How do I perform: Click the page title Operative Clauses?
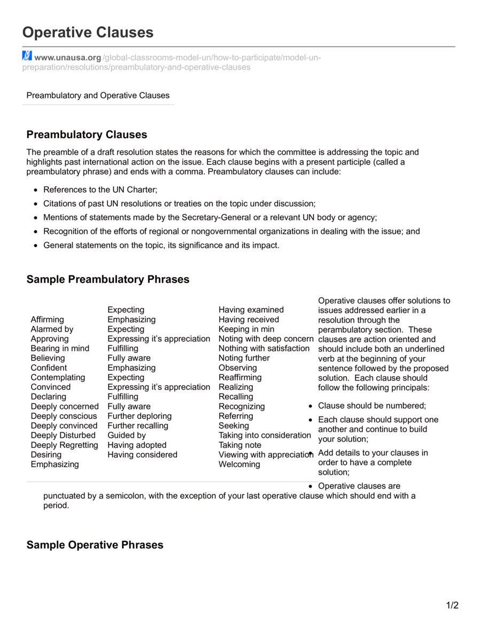(88, 33)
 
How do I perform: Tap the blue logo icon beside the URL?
(27, 56)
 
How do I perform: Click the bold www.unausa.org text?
(68, 58)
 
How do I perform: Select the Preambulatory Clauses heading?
(87, 135)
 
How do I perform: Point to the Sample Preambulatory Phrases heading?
(107, 279)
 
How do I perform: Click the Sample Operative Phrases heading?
(95, 545)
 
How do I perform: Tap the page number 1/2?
(452, 605)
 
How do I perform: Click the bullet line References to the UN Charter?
(100, 190)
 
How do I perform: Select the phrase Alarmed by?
(52, 329)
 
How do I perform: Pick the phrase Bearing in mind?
(60, 348)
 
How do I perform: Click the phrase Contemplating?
(58, 377)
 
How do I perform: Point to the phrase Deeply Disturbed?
(63, 435)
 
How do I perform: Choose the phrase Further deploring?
(139, 416)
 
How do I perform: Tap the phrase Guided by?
(127, 435)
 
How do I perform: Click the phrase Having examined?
(251, 310)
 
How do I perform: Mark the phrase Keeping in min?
(246, 329)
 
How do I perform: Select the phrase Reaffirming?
(240, 377)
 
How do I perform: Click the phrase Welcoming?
(239, 464)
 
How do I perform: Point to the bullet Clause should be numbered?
(372, 406)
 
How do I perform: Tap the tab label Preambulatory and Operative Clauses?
(98, 96)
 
